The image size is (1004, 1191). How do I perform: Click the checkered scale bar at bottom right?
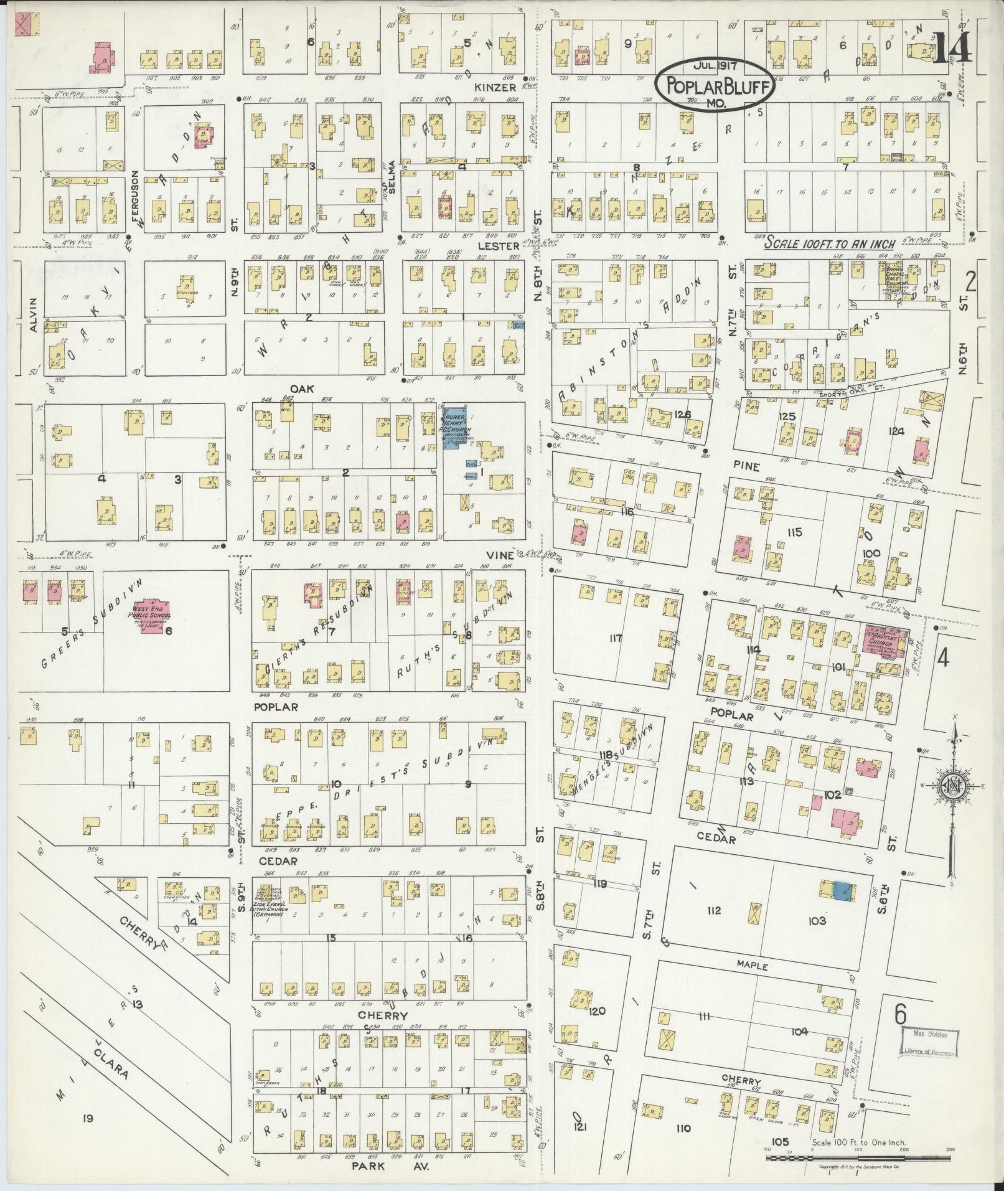(x=859, y=1158)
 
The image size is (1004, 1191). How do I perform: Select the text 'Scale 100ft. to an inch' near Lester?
(x=830, y=243)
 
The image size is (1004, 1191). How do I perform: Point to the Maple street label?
(x=754, y=967)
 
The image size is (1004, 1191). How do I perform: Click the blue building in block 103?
(x=842, y=890)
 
